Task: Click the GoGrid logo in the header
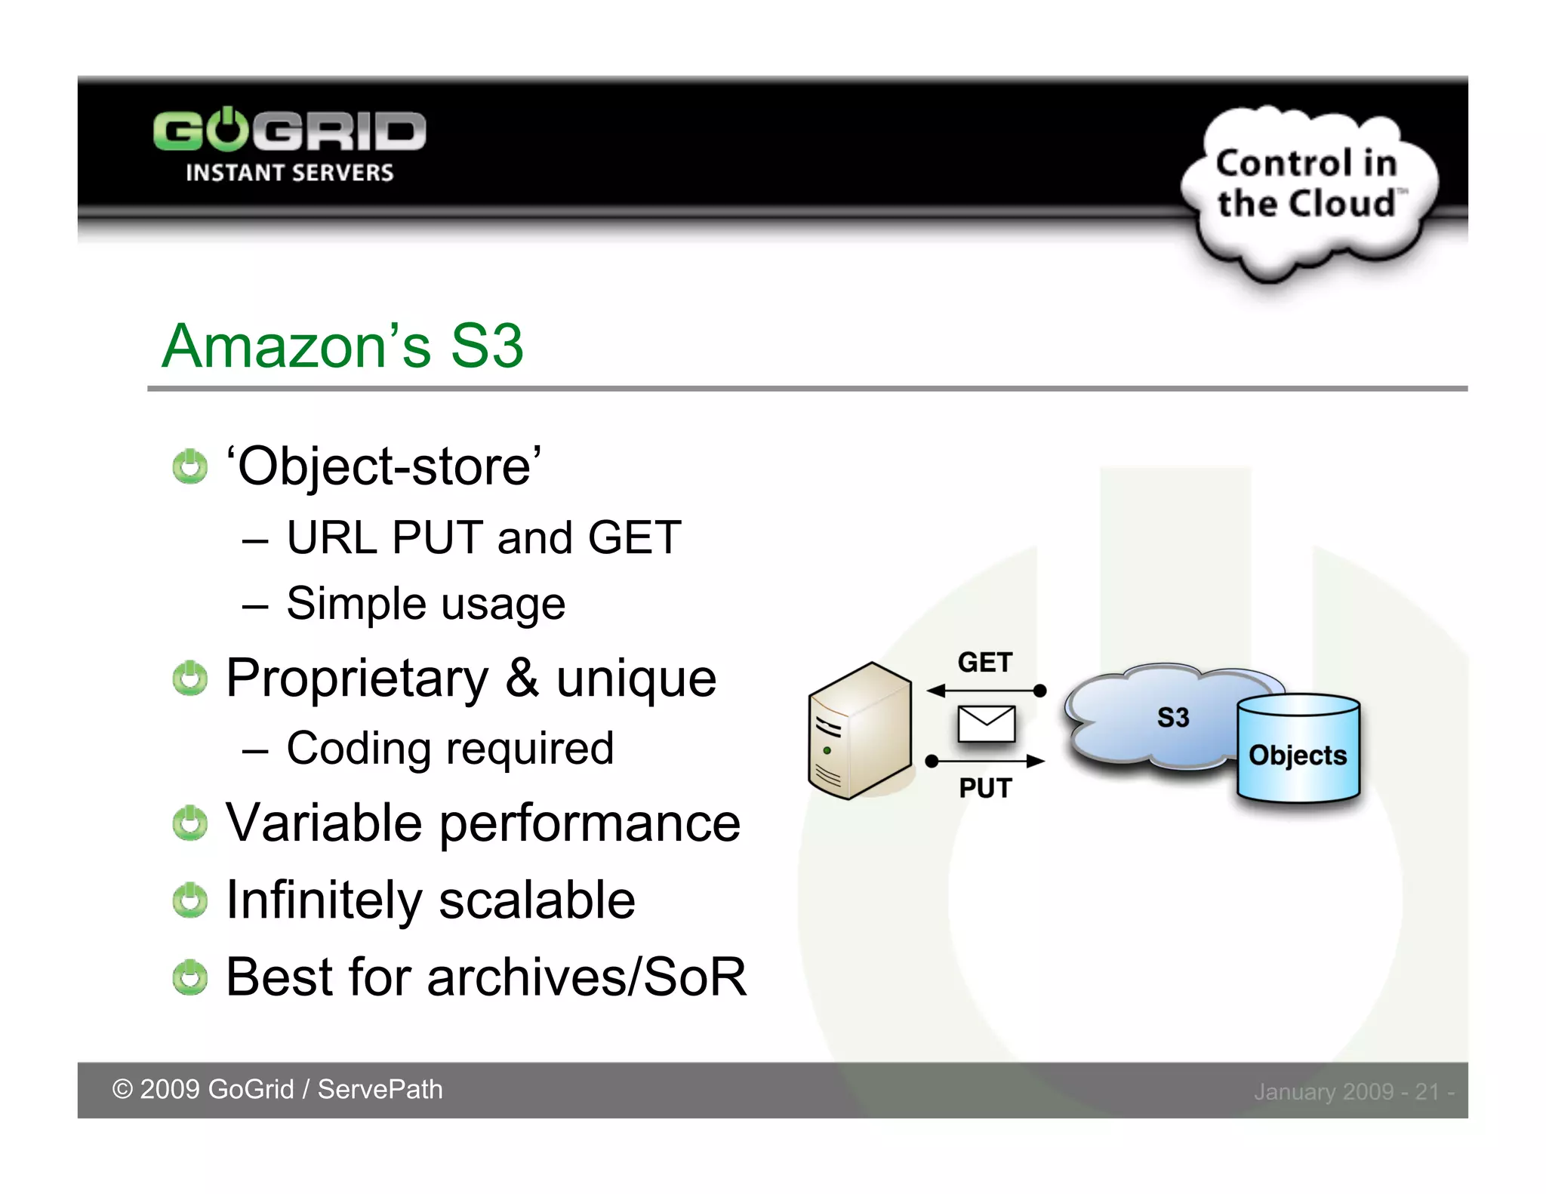tap(289, 131)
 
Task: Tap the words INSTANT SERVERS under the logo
tap(289, 173)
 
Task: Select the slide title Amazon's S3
tap(342, 346)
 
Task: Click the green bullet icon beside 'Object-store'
tap(189, 466)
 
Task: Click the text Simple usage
tap(425, 604)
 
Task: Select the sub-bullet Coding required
tap(450, 748)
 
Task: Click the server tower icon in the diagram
tap(859, 730)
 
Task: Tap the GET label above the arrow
tap(984, 662)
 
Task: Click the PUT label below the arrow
tap(984, 788)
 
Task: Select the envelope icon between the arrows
tap(986, 724)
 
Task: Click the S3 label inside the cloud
tap(1172, 717)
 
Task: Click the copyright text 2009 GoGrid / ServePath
tap(277, 1089)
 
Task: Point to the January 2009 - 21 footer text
tap(1353, 1091)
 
